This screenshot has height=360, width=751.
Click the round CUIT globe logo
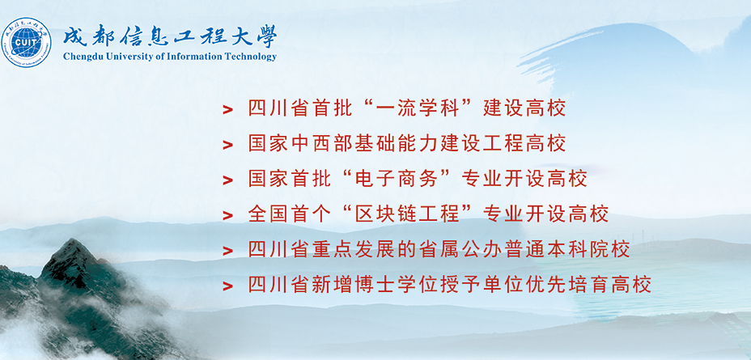tap(27, 42)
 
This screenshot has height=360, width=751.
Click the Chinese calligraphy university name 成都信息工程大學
tap(170, 36)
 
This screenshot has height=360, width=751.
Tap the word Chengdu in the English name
tap(80, 57)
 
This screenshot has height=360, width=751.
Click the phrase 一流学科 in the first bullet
tap(418, 108)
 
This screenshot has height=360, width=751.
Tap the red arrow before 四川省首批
tap(228, 110)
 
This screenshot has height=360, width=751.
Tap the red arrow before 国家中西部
tap(228, 145)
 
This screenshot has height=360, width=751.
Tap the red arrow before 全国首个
tap(228, 216)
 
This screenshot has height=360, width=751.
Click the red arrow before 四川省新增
tap(228, 286)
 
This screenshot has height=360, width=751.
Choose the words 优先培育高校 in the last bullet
tap(588, 286)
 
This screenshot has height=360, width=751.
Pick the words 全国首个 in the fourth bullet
tap(291, 214)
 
